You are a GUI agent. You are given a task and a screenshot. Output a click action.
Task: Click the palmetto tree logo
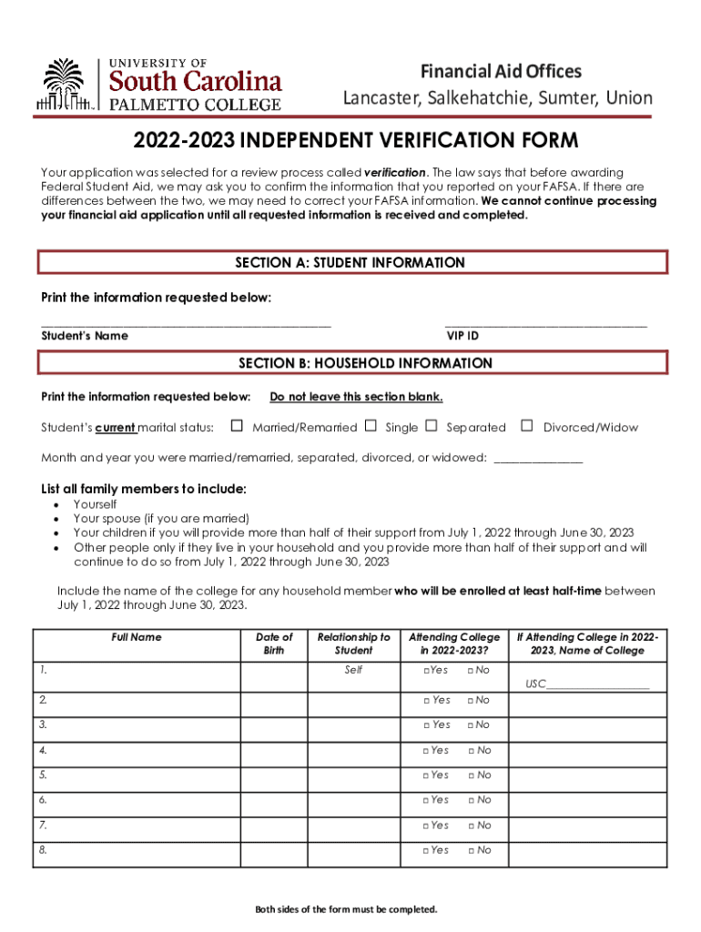point(64,85)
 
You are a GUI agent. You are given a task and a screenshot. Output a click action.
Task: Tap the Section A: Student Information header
point(350,263)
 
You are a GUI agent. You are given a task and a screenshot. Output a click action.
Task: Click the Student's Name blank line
point(187,323)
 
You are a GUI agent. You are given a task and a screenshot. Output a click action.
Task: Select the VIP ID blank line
point(545,323)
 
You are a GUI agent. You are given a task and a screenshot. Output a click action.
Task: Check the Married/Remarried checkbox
point(237,426)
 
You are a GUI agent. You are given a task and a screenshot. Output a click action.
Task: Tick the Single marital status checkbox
point(371,426)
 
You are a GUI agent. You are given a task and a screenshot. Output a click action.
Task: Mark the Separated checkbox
point(432,426)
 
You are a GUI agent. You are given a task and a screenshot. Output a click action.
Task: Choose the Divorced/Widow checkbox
point(526,426)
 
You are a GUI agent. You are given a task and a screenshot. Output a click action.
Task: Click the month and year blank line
point(537,460)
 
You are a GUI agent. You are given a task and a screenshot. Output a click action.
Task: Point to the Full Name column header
point(137,637)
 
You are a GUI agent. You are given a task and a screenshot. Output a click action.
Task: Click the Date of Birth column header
point(274,643)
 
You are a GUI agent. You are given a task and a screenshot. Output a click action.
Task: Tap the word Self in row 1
point(353,670)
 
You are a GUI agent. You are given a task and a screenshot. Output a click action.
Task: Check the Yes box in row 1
point(426,671)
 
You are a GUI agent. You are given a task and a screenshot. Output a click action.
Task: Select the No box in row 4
point(471,751)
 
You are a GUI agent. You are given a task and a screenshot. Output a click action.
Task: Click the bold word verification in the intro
point(394,173)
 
